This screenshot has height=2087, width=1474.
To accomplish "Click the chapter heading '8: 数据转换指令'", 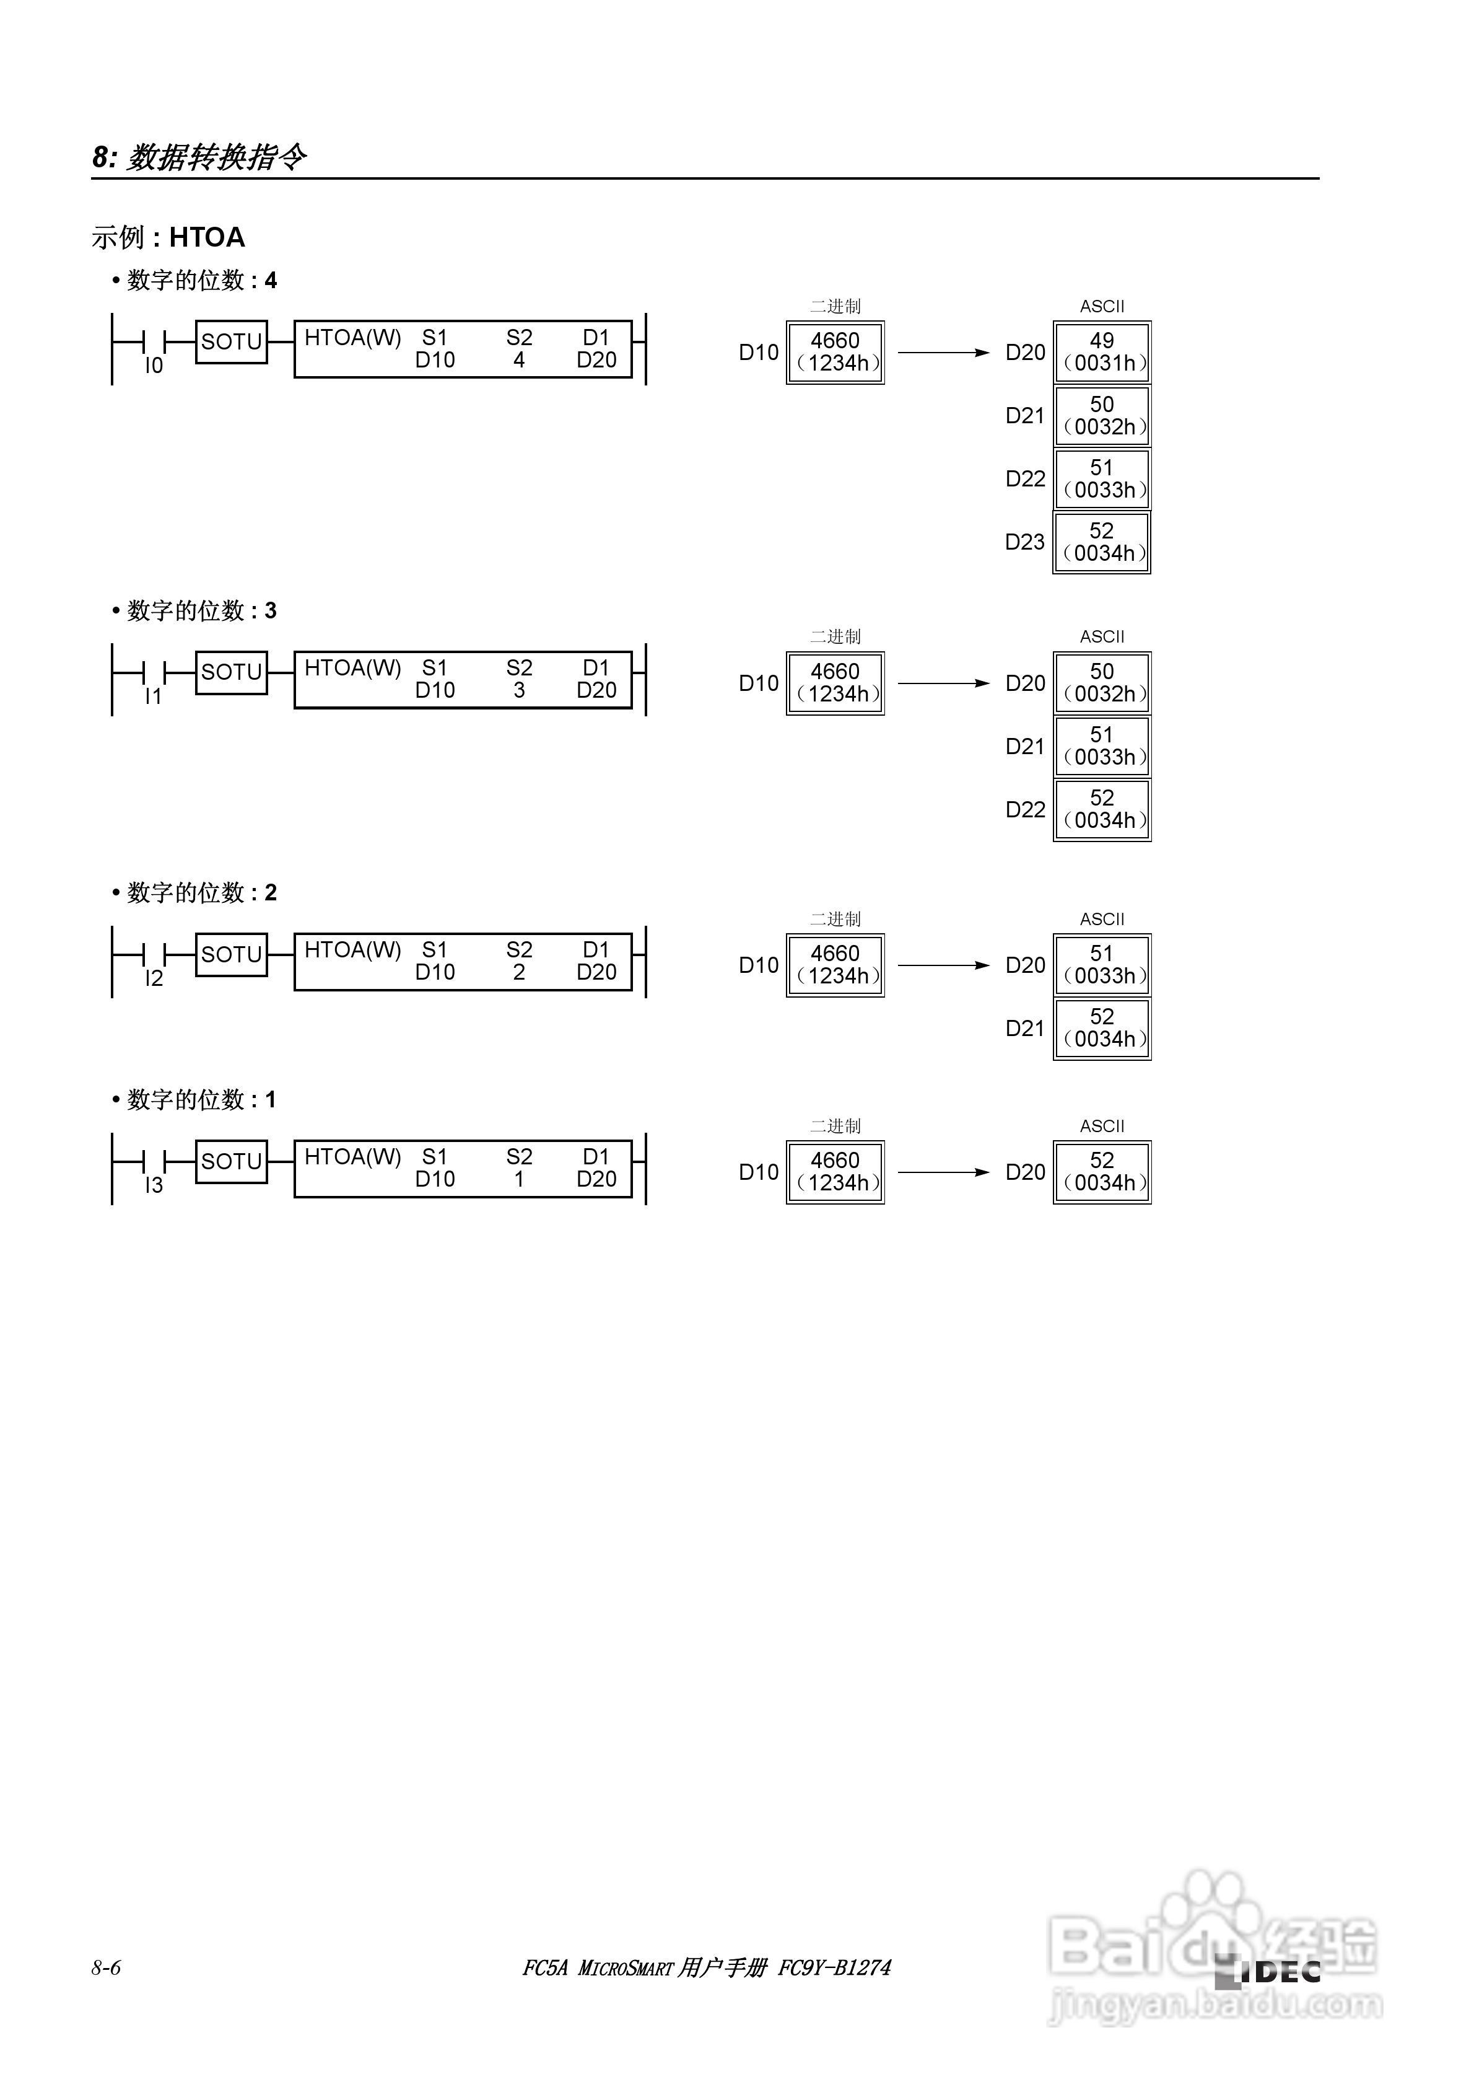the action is coord(199,157).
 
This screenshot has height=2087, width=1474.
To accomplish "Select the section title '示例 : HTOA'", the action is coord(168,237).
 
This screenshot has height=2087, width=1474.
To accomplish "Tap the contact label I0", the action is coord(154,366).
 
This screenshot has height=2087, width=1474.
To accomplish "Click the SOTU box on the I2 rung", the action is coord(232,954).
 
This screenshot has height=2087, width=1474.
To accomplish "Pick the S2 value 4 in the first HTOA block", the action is coord(519,360).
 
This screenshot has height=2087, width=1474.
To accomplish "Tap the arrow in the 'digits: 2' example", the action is coord(943,965).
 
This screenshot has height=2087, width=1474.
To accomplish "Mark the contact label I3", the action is coord(154,1185).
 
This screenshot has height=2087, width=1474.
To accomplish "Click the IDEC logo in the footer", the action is coord(1268,1972).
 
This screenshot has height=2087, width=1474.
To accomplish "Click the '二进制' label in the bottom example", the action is coord(835,1125).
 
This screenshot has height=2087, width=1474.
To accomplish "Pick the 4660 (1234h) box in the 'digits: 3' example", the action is coord(835,683).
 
